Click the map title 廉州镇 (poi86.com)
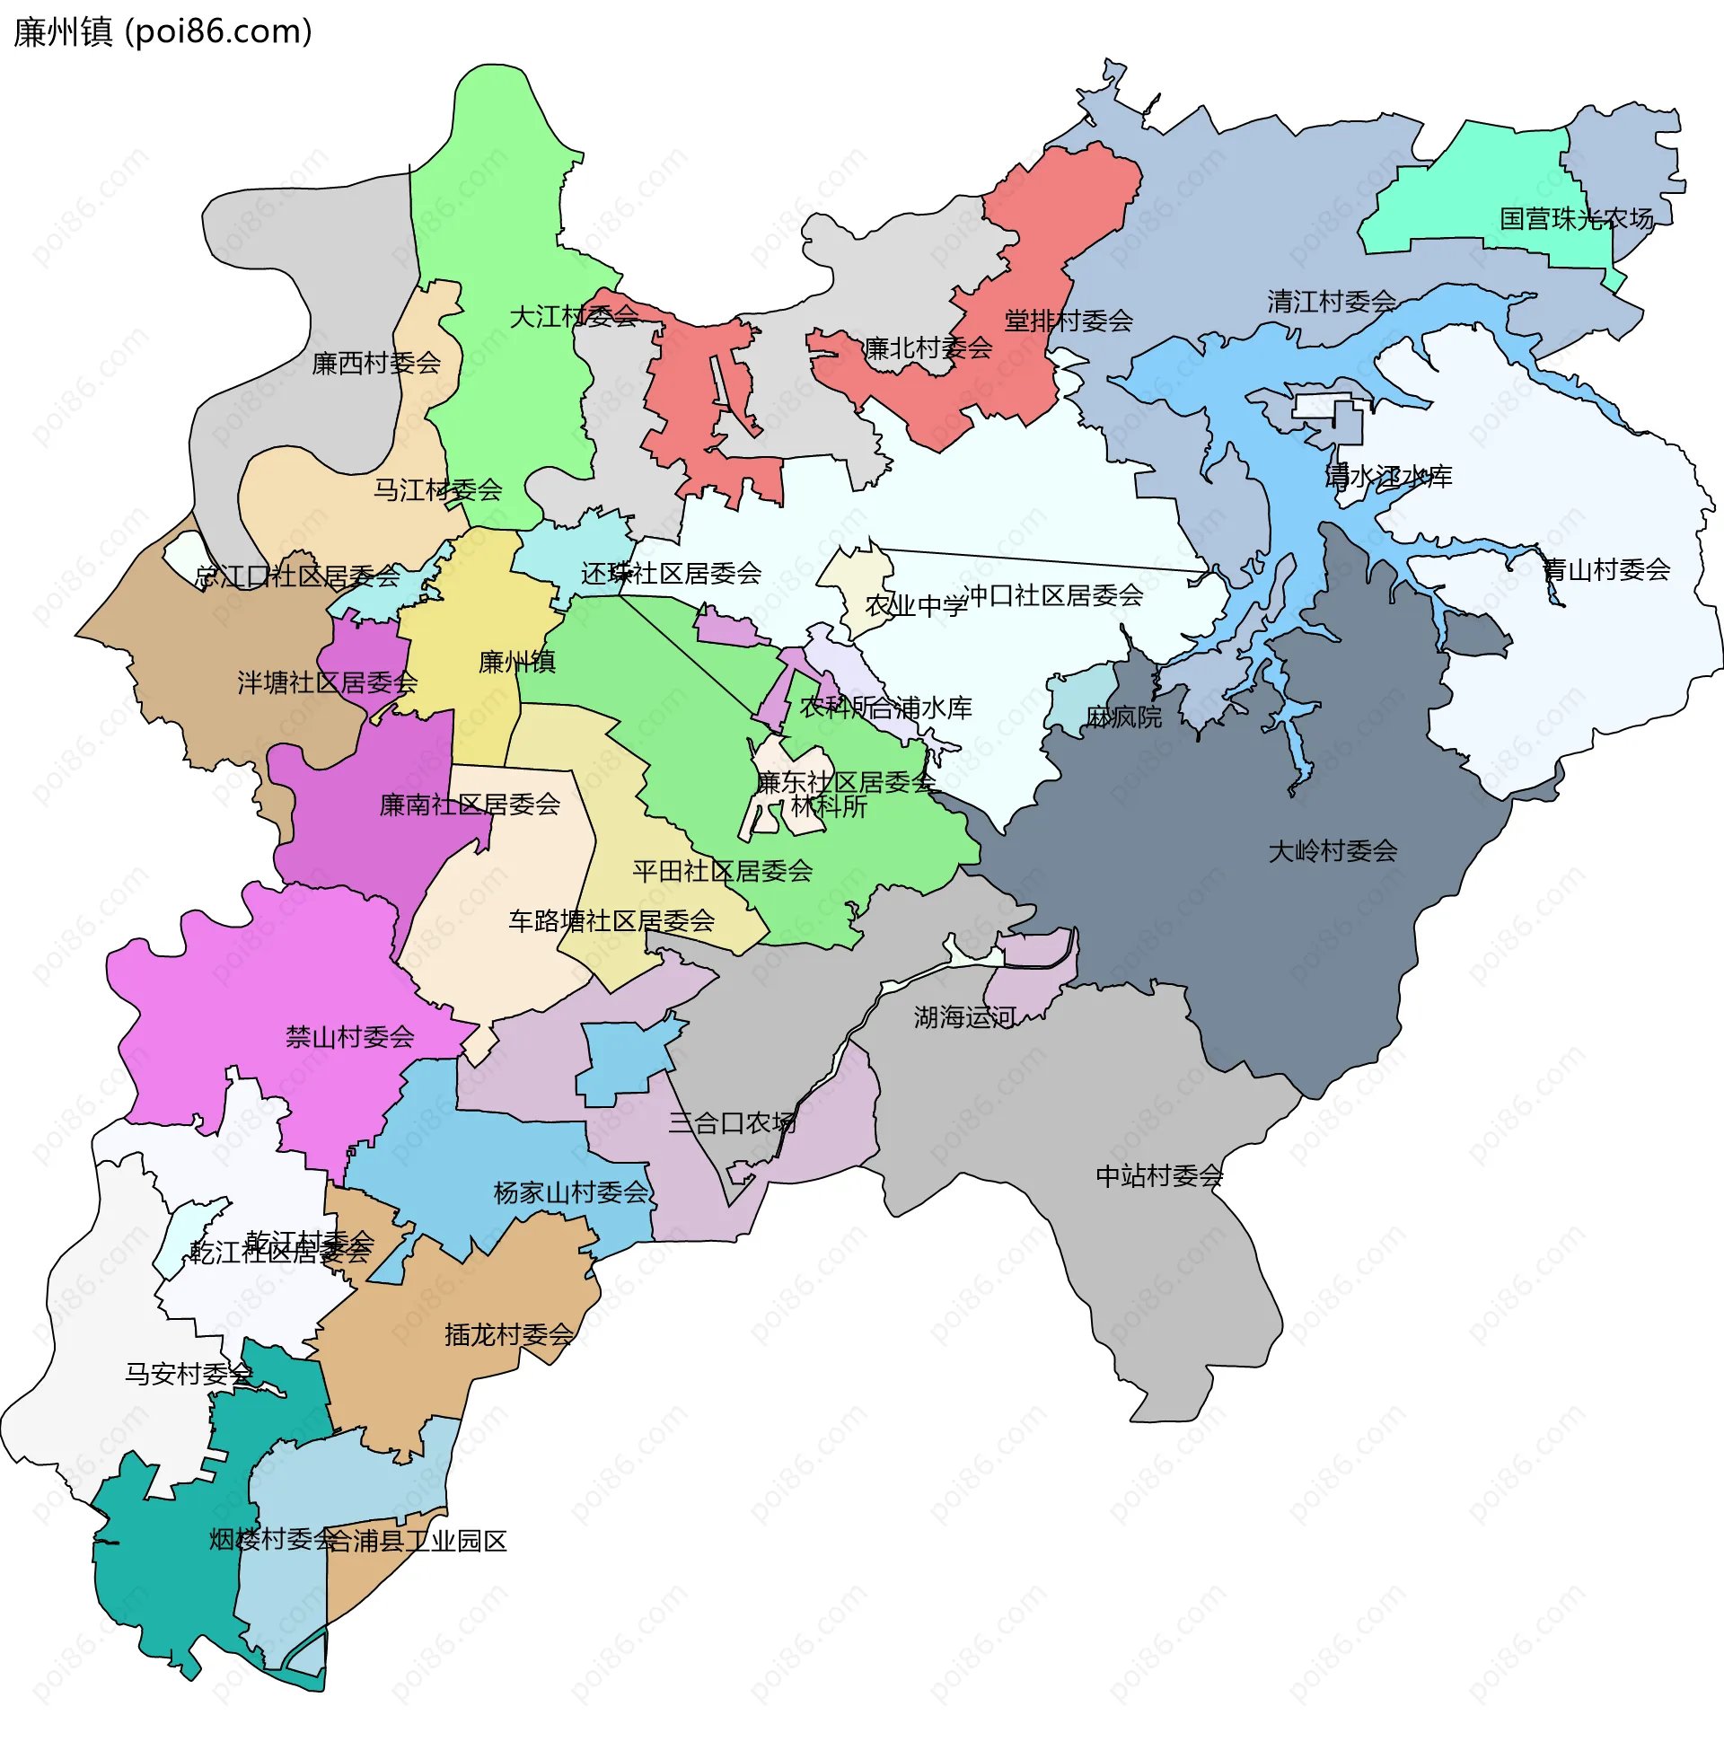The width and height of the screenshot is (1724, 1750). coord(163,32)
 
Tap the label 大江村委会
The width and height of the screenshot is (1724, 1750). coord(574,317)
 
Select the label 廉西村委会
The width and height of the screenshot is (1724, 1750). coord(375,363)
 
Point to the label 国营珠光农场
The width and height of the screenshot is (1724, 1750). coord(1577,219)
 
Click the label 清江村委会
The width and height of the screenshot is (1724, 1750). coord(1331,302)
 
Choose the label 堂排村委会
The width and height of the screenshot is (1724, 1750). coord(1069,321)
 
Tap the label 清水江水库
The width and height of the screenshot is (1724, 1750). coord(1388,476)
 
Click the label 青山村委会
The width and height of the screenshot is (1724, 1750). coord(1605,569)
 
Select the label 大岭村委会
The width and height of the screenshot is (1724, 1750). coord(1332,851)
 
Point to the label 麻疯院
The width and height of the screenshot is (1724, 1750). coord(1122,717)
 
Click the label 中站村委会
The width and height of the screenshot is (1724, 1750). coord(1159,1176)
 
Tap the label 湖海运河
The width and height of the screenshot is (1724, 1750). coord(964,1017)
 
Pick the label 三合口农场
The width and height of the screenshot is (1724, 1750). coord(732,1123)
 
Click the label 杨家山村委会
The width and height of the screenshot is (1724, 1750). coord(570,1193)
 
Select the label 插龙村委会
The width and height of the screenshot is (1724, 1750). coord(509,1334)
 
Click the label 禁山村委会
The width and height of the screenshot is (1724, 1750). coord(349,1036)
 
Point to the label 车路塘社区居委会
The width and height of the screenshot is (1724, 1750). coord(611,920)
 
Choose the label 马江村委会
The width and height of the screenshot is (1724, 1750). coord(437,489)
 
